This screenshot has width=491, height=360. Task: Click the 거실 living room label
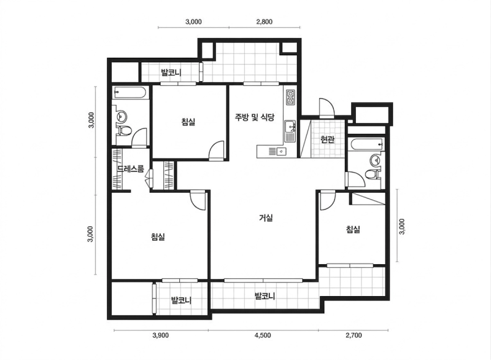[x=266, y=217]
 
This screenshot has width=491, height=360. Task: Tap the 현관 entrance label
[x=328, y=139]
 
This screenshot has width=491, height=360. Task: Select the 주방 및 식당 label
[x=255, y=117]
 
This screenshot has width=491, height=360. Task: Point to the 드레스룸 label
[x=131, y=169]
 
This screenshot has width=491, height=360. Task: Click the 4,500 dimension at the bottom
[x=263, y=335]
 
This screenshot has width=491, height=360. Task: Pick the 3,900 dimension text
[x=161, y=335]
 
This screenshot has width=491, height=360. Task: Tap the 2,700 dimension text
[x=354, y=335]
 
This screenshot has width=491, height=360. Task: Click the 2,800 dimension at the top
[x=265, y=22]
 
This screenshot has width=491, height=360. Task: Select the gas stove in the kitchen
[x=290, y=97]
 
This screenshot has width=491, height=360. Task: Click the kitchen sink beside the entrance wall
[x=290, y=131]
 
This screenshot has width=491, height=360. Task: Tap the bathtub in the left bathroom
[x=130, y=93]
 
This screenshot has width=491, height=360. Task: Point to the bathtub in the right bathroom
[x=366, y=144]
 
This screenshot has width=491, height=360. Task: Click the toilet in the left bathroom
[x=124, y=131]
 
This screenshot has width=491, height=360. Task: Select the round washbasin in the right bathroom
[x=374, y=160]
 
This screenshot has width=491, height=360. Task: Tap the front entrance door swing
[x=327, y=108]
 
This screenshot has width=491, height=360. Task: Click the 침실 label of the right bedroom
[x=354, y=229]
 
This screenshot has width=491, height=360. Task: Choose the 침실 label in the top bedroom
[x=188, y=122]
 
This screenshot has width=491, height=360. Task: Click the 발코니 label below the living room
[x=265, y=295]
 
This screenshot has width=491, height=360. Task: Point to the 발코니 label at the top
[x=171, y=72]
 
